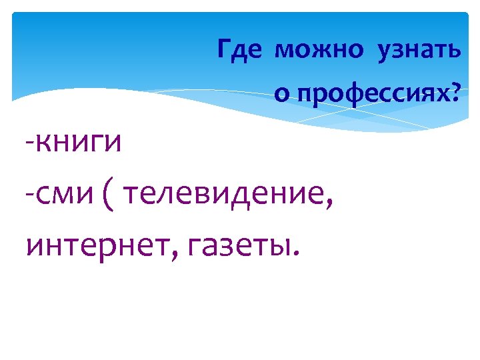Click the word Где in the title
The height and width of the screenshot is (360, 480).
click(x=239, y=51)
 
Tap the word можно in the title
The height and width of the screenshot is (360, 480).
click(x=320, y=51)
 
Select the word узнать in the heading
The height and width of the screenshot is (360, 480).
click(x=418, y=51)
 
